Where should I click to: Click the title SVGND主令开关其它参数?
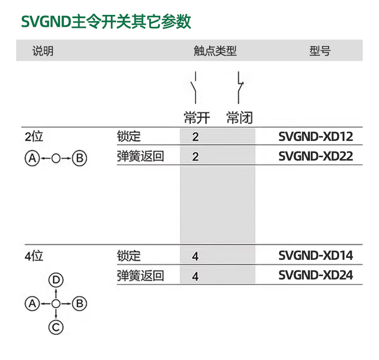point(106,22)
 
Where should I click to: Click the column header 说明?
point(43,51)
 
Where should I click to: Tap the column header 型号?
point(320,51)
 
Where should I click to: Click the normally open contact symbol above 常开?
point(194,87)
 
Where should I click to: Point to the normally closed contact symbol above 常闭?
point(239,87)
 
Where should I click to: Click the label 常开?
point(197,117)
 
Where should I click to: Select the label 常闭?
point(239,117)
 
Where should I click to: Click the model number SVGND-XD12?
point(316,137)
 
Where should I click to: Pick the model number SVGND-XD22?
point(316,156)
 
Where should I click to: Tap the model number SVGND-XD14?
point(316,255)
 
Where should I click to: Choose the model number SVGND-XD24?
point(316,275)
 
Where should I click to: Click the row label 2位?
point(34,137)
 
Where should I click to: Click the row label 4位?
point(34,255)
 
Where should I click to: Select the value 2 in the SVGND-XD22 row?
point(195,157)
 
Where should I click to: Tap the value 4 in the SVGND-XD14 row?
point(195,256)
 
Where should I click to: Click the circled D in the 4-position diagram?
point(56,280)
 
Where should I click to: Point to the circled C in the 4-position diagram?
point(56,327)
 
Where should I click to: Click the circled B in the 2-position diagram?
point(80,158)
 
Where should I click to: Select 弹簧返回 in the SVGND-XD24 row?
point(141,276)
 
